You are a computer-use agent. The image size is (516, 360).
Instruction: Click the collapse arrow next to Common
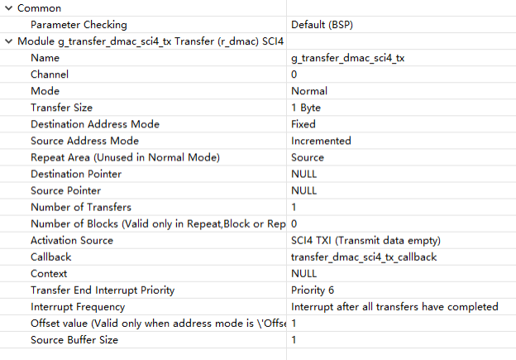click(x=9, y=8)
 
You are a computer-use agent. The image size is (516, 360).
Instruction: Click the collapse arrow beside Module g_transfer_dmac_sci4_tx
click(x=9, y=41)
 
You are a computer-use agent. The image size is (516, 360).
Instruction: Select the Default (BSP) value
click(x=322, y=25)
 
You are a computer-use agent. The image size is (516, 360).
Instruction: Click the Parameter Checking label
click(x=79, y=25)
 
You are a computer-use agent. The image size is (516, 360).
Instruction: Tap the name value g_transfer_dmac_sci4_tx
click(x=347, y=58)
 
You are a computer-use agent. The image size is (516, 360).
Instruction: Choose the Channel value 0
click(x=294, y=74)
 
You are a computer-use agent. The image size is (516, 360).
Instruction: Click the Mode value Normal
click(x=309, y=91)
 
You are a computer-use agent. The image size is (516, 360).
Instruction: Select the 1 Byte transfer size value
click(x=306, y=108)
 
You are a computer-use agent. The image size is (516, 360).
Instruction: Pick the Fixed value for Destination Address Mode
click(x=303, y=124)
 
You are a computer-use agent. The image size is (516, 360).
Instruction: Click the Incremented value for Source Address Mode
click(x=321, y=141)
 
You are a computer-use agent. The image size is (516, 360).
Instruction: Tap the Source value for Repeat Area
click(x=308, y=158)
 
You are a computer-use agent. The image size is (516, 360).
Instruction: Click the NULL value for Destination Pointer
click(x=303, y=175)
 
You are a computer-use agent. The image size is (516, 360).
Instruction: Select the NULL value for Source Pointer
click(x=303, y=190)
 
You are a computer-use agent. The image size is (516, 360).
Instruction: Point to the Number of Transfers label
click(x=81, y=208)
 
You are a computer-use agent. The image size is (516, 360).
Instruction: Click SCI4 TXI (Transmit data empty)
click(x=365, y=241)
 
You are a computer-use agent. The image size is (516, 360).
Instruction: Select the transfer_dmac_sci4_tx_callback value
click(x=364, y=257)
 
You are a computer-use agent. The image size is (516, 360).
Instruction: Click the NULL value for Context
click(x=303, y=274)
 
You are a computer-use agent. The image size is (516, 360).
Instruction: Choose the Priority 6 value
click(x=313, y=290)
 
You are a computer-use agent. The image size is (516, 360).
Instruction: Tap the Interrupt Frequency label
click(x=78, y=307)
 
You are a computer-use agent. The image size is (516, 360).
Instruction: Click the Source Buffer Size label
click(x=74, y=340)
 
